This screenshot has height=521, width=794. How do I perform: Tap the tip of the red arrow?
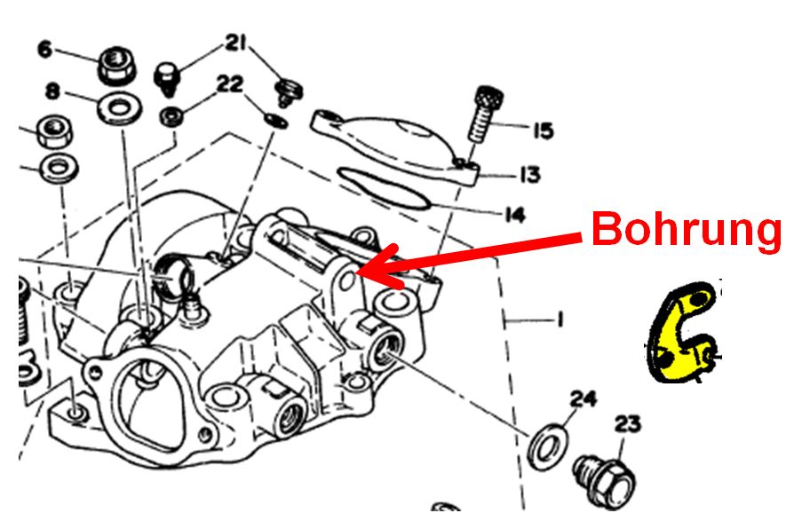click(x=359, y=272)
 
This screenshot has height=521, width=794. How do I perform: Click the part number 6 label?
click(x=45, y=50)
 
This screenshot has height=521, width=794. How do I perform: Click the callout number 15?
click(x=542, y=131)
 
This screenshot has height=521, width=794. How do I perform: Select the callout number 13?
click(x=529, y=175)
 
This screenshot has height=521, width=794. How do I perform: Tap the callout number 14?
click(x=513, y=215)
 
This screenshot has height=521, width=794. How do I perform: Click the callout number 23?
click(x=627, y=425)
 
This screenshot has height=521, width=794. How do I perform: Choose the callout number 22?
click(x=229, y=83)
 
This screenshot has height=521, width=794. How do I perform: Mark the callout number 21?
click(x=235, y=42)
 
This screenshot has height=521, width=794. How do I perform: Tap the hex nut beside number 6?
click(x=113, y=63)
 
